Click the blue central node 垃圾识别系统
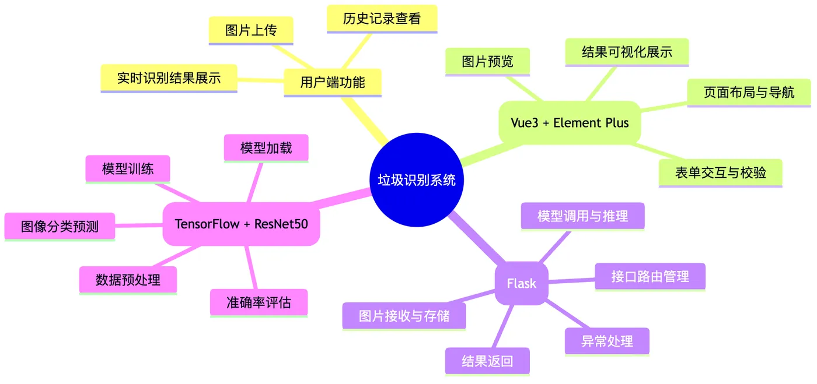click(x=416, y=179)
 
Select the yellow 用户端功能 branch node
click(x=333, y=82)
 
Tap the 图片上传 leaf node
click(x=251, y=30)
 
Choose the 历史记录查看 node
click(x=382, y=19)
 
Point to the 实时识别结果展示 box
click(x=169, y=78)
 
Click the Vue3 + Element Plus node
click(x=570, y=122)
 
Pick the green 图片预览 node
click(x=487, y=62)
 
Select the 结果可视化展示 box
click(x=627, y=52)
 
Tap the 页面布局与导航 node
click(x=749, y=93)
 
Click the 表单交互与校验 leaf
click(x=720, y=172)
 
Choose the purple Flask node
click(x=521, y=283)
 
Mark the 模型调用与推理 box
click(x=582, y=216)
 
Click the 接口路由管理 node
click(x=650, y=276)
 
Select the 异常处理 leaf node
click(x=607, y=341)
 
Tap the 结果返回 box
click(x=487, y=361)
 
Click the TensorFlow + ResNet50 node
click(x=241, y=224)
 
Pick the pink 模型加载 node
click(x=266, y=148)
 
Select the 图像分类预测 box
click(x=60, y=227)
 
